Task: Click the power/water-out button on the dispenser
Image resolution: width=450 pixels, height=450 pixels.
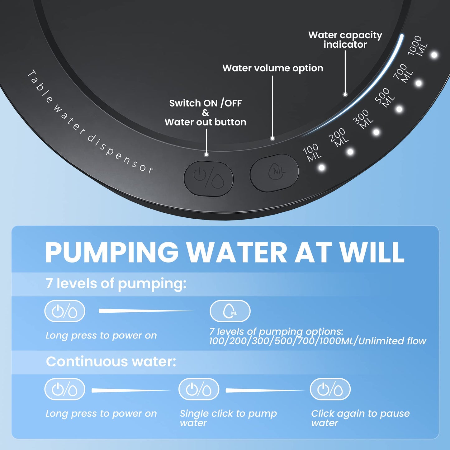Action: tap(209, 178)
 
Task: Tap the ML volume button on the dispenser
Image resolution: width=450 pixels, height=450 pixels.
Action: tap(274, 173)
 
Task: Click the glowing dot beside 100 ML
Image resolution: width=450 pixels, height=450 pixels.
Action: tap(321, 168)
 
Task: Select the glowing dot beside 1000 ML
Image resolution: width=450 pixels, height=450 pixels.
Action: tap(434, 55)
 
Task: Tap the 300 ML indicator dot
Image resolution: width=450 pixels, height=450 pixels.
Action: tap(376, 132)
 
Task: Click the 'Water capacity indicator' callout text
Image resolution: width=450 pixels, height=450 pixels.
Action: tap(345, 40)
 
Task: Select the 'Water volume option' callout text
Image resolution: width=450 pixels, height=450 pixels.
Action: tap(273, 68)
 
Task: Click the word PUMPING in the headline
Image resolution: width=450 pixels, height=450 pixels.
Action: tap(112, 252)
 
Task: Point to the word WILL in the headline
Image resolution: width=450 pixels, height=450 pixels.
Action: tap(372, 252)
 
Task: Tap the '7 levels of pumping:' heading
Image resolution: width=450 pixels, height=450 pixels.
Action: tap(116, 284)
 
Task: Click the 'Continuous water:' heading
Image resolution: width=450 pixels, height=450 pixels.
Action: tap(111, 362)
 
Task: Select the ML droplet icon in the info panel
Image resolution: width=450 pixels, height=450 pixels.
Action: tap(230, 311)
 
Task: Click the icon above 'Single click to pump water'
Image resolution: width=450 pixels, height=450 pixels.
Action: tap(199, 389)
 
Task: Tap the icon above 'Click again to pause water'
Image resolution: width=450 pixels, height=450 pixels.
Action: tap(330, 389)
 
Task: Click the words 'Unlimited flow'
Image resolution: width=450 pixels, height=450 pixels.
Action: tap(392, 341)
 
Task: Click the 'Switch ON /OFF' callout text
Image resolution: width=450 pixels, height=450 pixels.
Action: tap(205, 103)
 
